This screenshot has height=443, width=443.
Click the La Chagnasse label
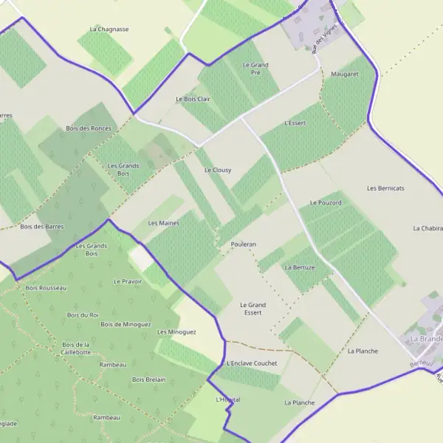pos(109,30)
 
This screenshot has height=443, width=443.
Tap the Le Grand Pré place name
pos(255,69)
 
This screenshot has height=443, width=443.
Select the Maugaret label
pos(345,75)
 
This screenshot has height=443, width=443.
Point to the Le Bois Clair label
pos(193,99)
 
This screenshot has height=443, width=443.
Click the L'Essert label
pos(295,123)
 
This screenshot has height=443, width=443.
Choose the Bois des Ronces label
pos(89,128)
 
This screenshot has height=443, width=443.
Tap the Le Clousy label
pos(218,170)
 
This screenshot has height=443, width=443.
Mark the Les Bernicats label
pos(385,188)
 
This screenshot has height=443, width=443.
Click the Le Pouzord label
pos(326,202)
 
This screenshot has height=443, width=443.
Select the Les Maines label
pos(164,223)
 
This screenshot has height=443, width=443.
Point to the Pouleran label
pos(243,244)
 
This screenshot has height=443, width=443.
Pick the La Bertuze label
pos(300,267)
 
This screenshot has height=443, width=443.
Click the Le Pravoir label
pos(128,281)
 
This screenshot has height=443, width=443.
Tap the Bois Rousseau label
pos(46,288)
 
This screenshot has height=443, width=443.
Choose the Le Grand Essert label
pos(253,309)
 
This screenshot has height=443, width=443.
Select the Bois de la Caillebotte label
pos(77,348)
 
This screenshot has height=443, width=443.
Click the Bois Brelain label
pos(148,380)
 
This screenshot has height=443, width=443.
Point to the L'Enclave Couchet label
pos(253,363)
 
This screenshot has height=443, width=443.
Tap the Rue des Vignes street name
pos(320,41)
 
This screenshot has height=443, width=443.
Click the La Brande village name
pos(425,339)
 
